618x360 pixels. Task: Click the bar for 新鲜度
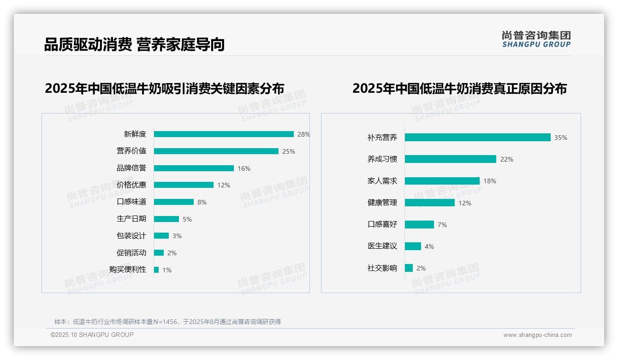[x=224, y=134]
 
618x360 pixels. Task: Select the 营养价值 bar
[x=216, y=151]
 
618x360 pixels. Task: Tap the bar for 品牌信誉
[x=194, y=168]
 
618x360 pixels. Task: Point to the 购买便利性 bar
[x=156, y=270]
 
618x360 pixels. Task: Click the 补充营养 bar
[x=477, y=138]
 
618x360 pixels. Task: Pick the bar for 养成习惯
[x=450, y=159]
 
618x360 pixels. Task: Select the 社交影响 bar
[x=409, y=268]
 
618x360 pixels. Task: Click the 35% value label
[x=561, y=138]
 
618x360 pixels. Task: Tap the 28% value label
[x=303, y=134]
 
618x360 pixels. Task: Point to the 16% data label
[x=244, y=168]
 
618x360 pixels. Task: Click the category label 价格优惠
[x=131, y=185]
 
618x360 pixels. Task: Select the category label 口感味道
[x=131, y=202]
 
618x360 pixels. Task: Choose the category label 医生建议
[x=382, y=246]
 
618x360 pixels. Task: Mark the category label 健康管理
[x=382, y=203]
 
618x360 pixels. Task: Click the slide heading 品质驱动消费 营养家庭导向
[x=134, y=44]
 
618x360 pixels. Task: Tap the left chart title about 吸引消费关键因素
[x=164, y=88]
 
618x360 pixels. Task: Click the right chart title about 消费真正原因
[x=459, y=88]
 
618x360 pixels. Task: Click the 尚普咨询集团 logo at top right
[x=536, y=39]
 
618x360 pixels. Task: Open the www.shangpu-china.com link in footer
[x=537, y=335]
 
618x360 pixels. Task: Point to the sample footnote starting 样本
[x=168, y=322]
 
